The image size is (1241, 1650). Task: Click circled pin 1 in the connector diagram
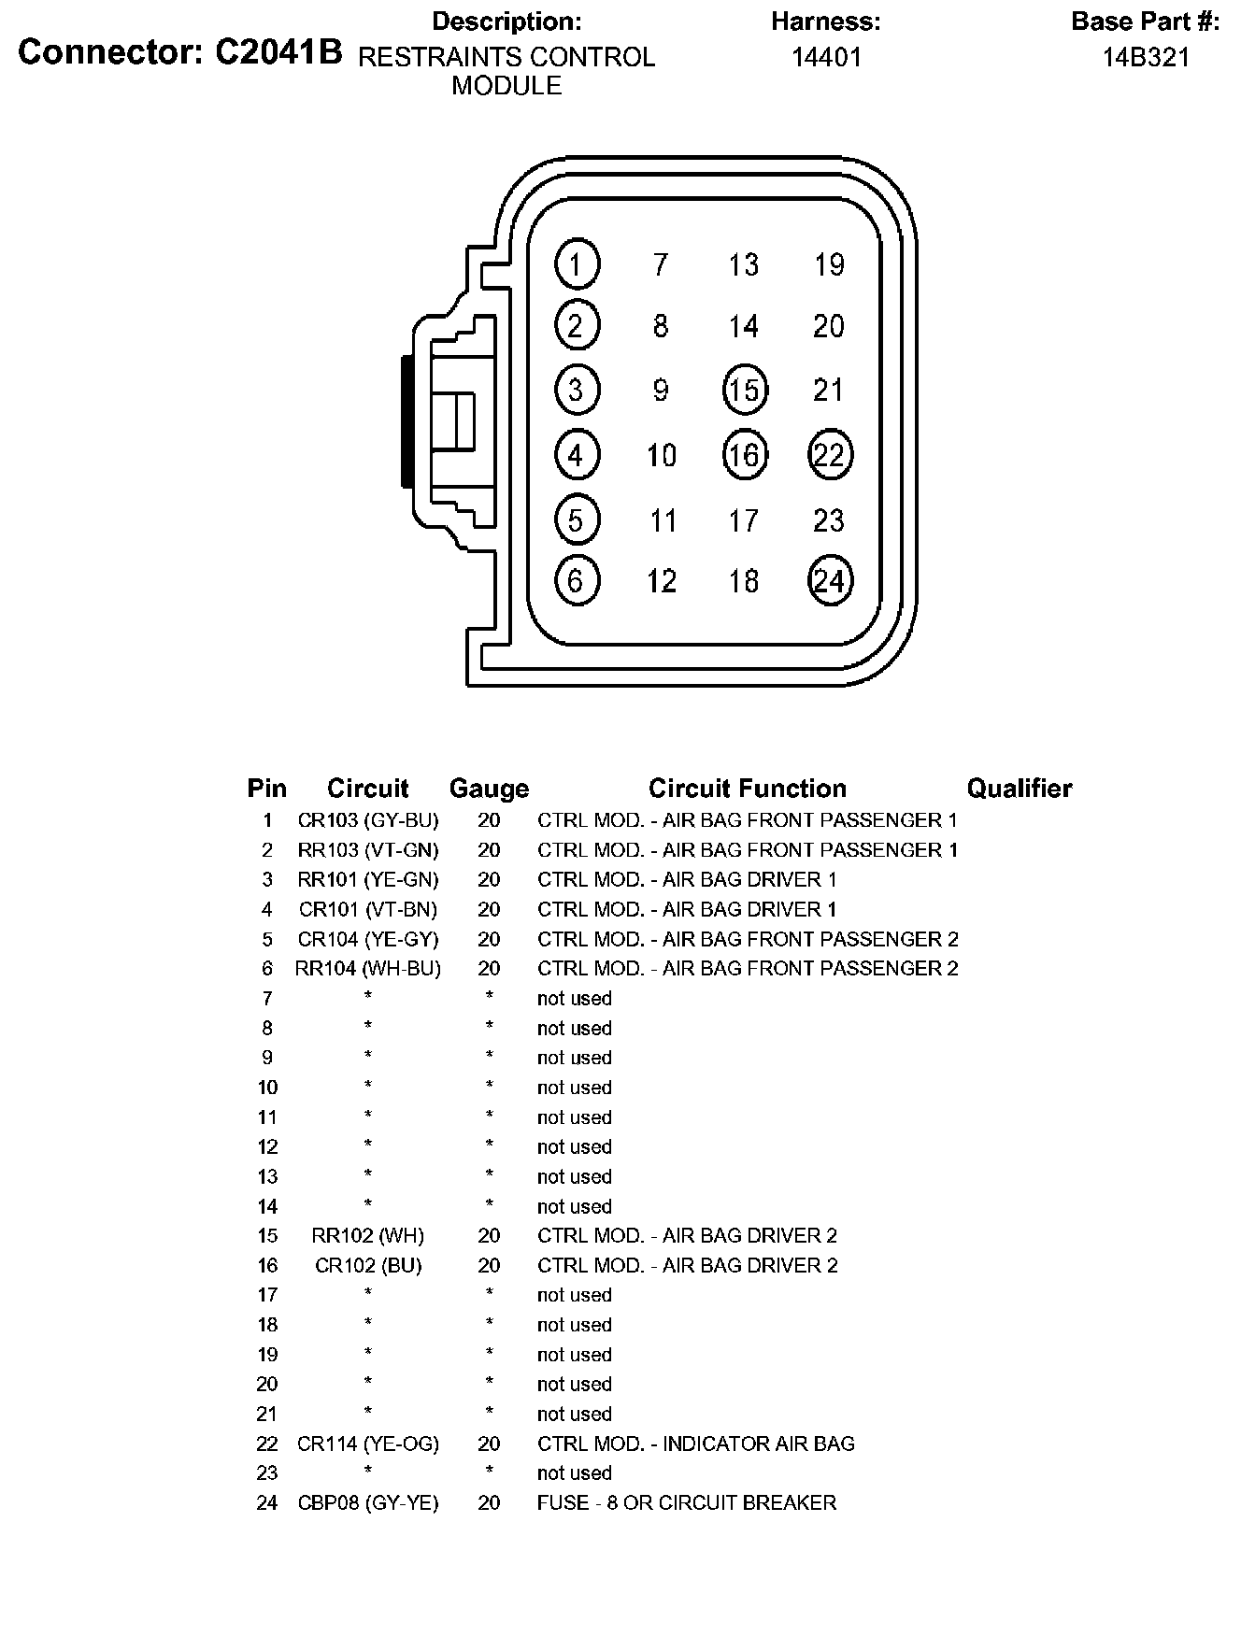577,264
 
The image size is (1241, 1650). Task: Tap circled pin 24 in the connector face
830,581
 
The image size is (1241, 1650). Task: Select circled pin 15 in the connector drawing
745,390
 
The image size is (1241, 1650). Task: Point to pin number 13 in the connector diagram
744,265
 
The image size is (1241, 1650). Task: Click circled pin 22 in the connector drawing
830,455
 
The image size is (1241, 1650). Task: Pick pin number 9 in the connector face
661,390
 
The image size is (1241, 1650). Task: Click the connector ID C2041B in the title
279,53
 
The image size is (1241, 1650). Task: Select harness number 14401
826,58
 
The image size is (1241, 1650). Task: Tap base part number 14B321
1146,58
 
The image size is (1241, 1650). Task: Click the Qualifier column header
1020,789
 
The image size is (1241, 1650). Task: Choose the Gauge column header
489,789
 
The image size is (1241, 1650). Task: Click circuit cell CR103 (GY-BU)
368,820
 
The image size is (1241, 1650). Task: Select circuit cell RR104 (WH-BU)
368,969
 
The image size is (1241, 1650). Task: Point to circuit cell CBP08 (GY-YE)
368,1503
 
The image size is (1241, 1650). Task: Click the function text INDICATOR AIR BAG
758,1444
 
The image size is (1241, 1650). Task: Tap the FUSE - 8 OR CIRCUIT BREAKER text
687,1503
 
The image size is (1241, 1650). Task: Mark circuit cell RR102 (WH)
368,1236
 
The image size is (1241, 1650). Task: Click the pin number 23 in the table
267,1473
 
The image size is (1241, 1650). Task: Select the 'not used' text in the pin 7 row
575,999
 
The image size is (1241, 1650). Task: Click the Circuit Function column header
748,789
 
